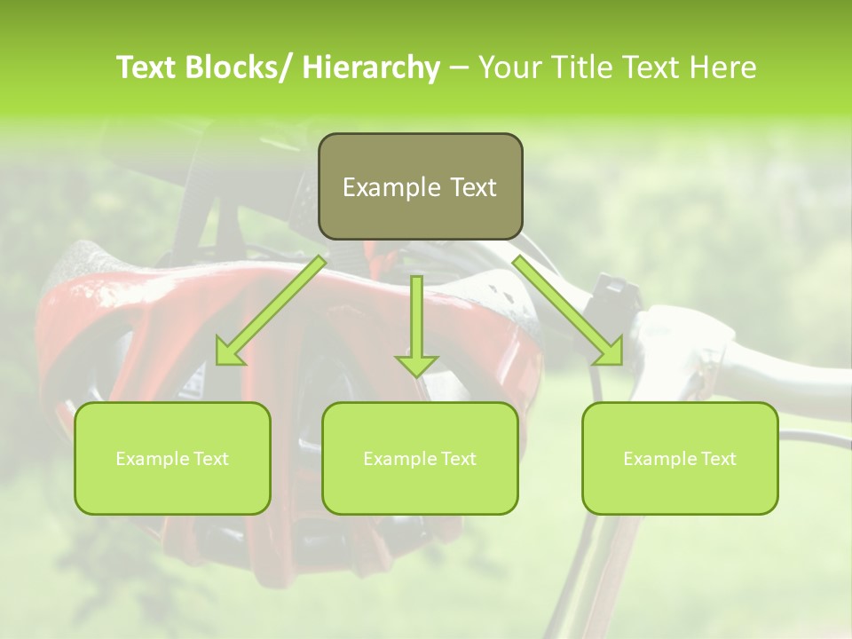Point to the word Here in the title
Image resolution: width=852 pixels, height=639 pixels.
point(722,68)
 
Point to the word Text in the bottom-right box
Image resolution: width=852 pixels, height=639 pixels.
point(718,459)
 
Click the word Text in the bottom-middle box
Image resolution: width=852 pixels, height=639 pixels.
point(458,459)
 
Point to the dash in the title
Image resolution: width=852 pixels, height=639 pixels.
point(459,68)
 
